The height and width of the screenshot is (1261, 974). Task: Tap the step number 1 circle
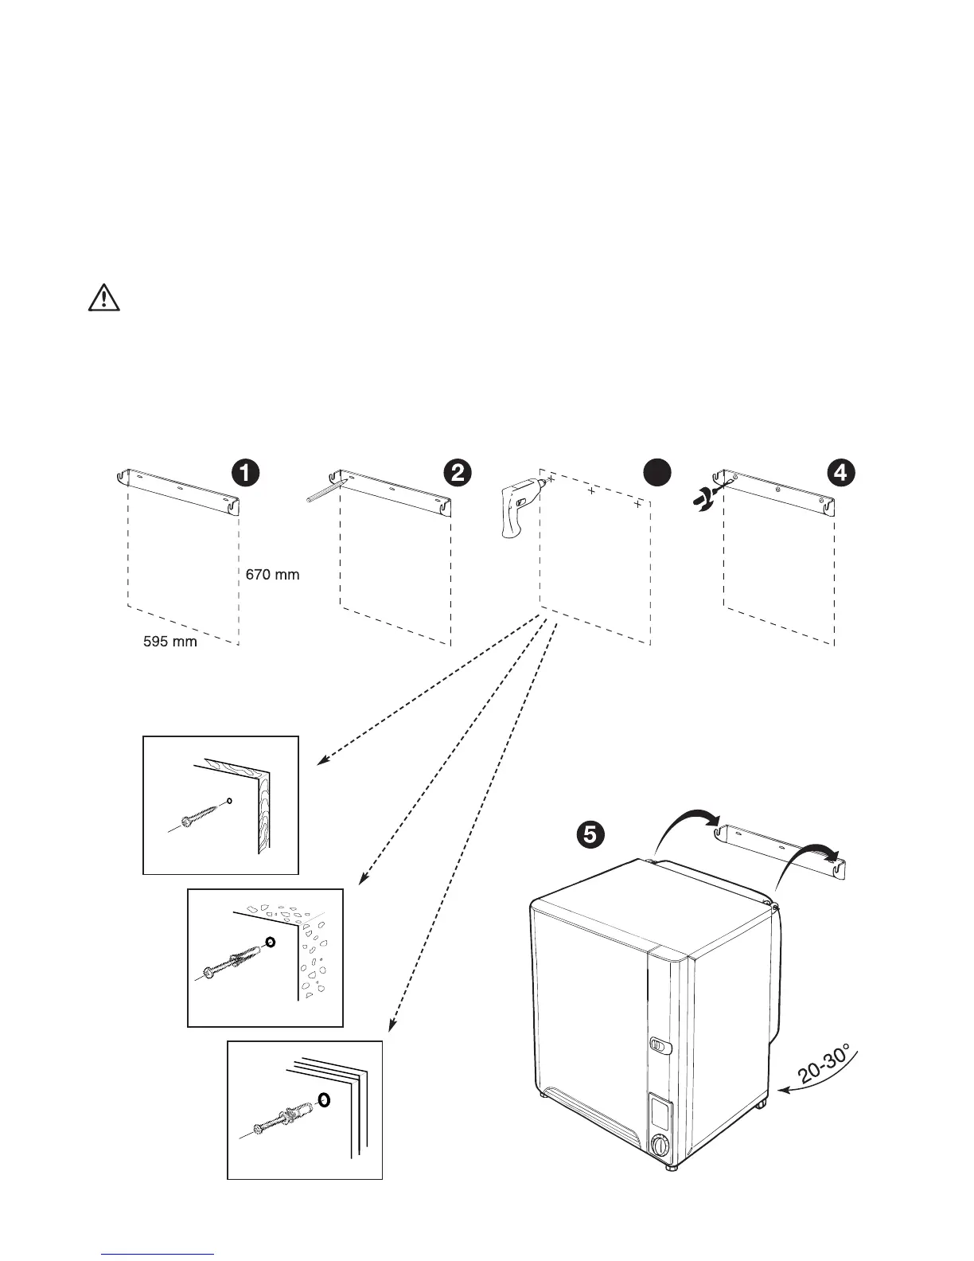pyautogui.click(x=247, y=472)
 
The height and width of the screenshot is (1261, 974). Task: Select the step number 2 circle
pyautogui.click(x=458, y=472)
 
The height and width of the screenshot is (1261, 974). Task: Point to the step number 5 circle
pyautogui.click(x=590, y=835)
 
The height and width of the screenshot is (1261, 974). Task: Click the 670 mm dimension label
pyautogui.click(x=272, y=573)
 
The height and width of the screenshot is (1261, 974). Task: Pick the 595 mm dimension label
pyautogui.click(x=169, y=640)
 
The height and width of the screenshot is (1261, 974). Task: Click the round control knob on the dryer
pyautogui.click(x=660, y=1145)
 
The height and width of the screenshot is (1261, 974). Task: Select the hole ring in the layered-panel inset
pyautogui.click(x=324, y=1100)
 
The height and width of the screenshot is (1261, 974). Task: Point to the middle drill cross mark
pyautogui.click(x=591, y=492)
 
